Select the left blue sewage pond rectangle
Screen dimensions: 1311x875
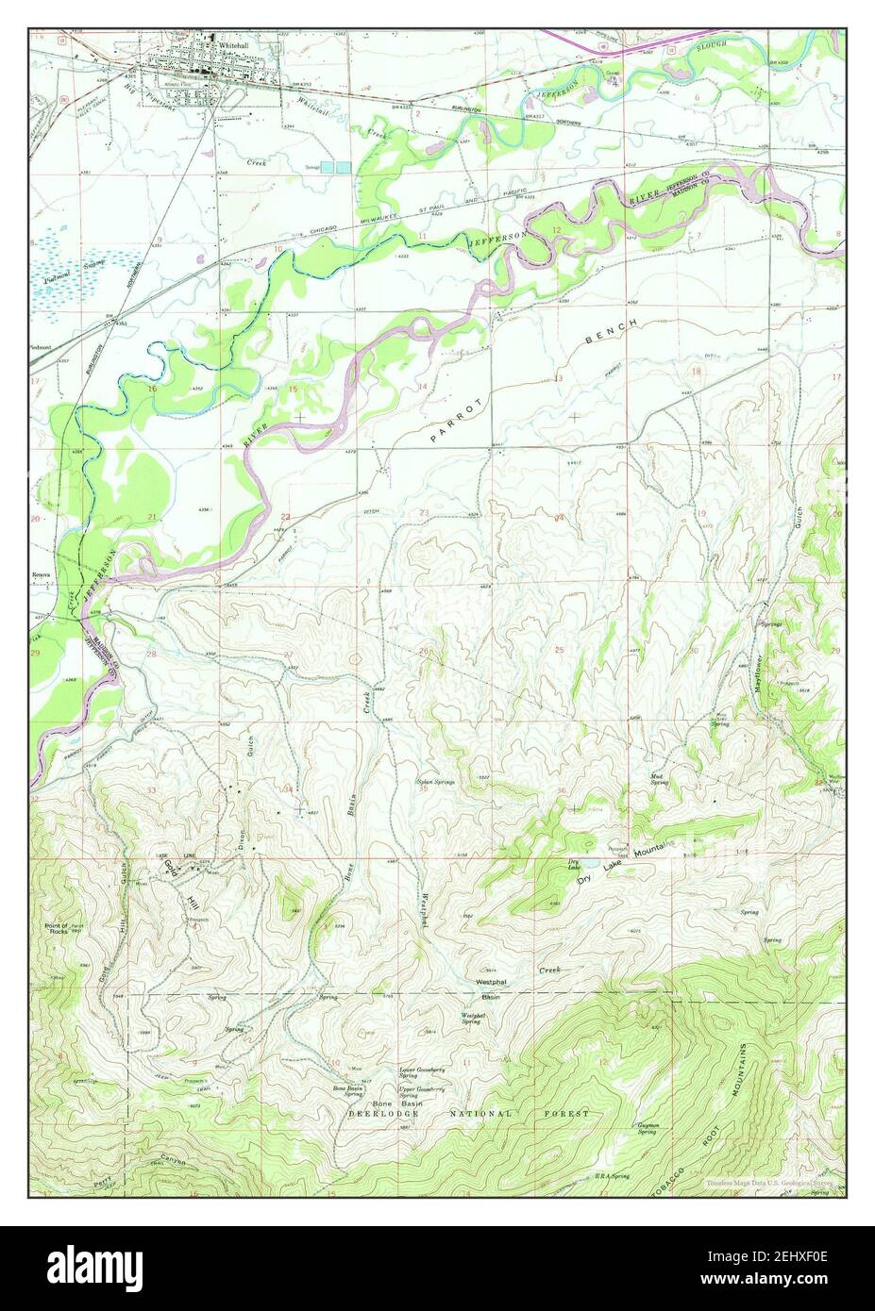tap(328, 167)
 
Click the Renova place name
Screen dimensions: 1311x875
tap(40, 574)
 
